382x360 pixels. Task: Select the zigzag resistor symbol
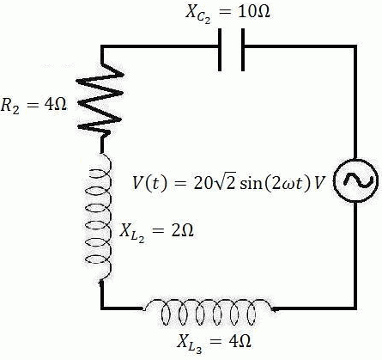click(x=101, y=101)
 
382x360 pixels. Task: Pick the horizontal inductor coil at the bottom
click(x=210, y=307)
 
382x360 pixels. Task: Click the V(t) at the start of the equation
click(x=149, y=183)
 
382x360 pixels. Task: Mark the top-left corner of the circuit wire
click(x=102, y=48)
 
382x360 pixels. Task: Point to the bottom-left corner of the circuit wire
click(x=102, y=307)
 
